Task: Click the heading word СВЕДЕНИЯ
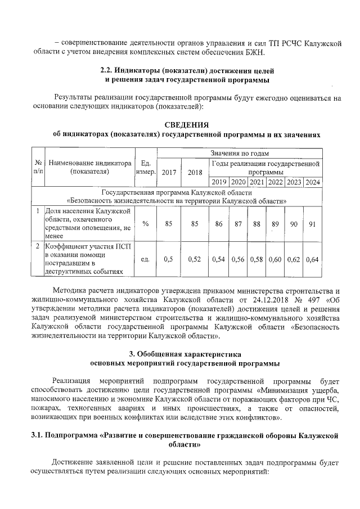click(x=186, y=124)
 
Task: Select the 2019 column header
click(x=219, y=182)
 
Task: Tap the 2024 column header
click(x=313, y=182)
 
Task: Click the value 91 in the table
click(x=313, y=224)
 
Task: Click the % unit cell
click(x=145, y=224)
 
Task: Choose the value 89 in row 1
click(x=275, y=224)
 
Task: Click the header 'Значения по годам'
click(x=239, y=153)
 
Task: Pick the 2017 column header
click(x=168, y=173)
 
